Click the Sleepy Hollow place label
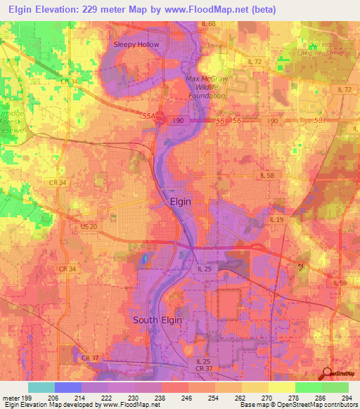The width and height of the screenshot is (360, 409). pyautogui.click(x=137, y=44)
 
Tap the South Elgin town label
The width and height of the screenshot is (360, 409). pyautogui.click(x=157, y=320)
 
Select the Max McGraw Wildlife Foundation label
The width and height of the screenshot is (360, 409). pyautogui.click(x=205, y=87)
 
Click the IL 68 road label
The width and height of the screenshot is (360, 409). pyautogui.click(x=209, y=24)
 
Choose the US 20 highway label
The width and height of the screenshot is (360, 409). pyautogui.click(x=89, y=226)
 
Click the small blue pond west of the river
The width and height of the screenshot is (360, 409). pyautogui.click(x=145, y=259)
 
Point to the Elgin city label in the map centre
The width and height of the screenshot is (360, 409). pyautogui.click(x=181, y=201)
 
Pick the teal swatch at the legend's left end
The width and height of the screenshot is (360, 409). pyautogui.click(x=41, y=387)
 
